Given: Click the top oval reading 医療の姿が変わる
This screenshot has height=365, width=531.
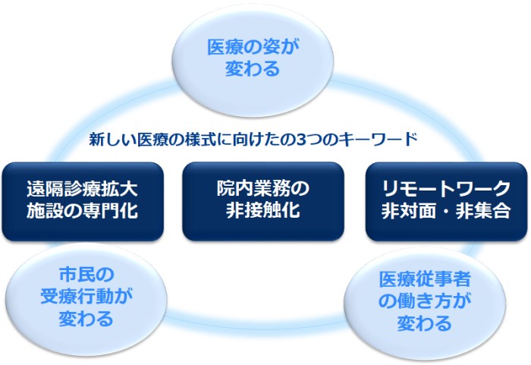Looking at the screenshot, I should pyautogui.click(x=254, y=58).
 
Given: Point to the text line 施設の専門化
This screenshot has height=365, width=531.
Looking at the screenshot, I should pyautogui.click(x=83, y=211).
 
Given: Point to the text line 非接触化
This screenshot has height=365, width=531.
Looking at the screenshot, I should pyautogui.click(x=263, y=211).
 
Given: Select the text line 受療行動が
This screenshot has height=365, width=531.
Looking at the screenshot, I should pyautogui.click(x=86, y=294).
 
